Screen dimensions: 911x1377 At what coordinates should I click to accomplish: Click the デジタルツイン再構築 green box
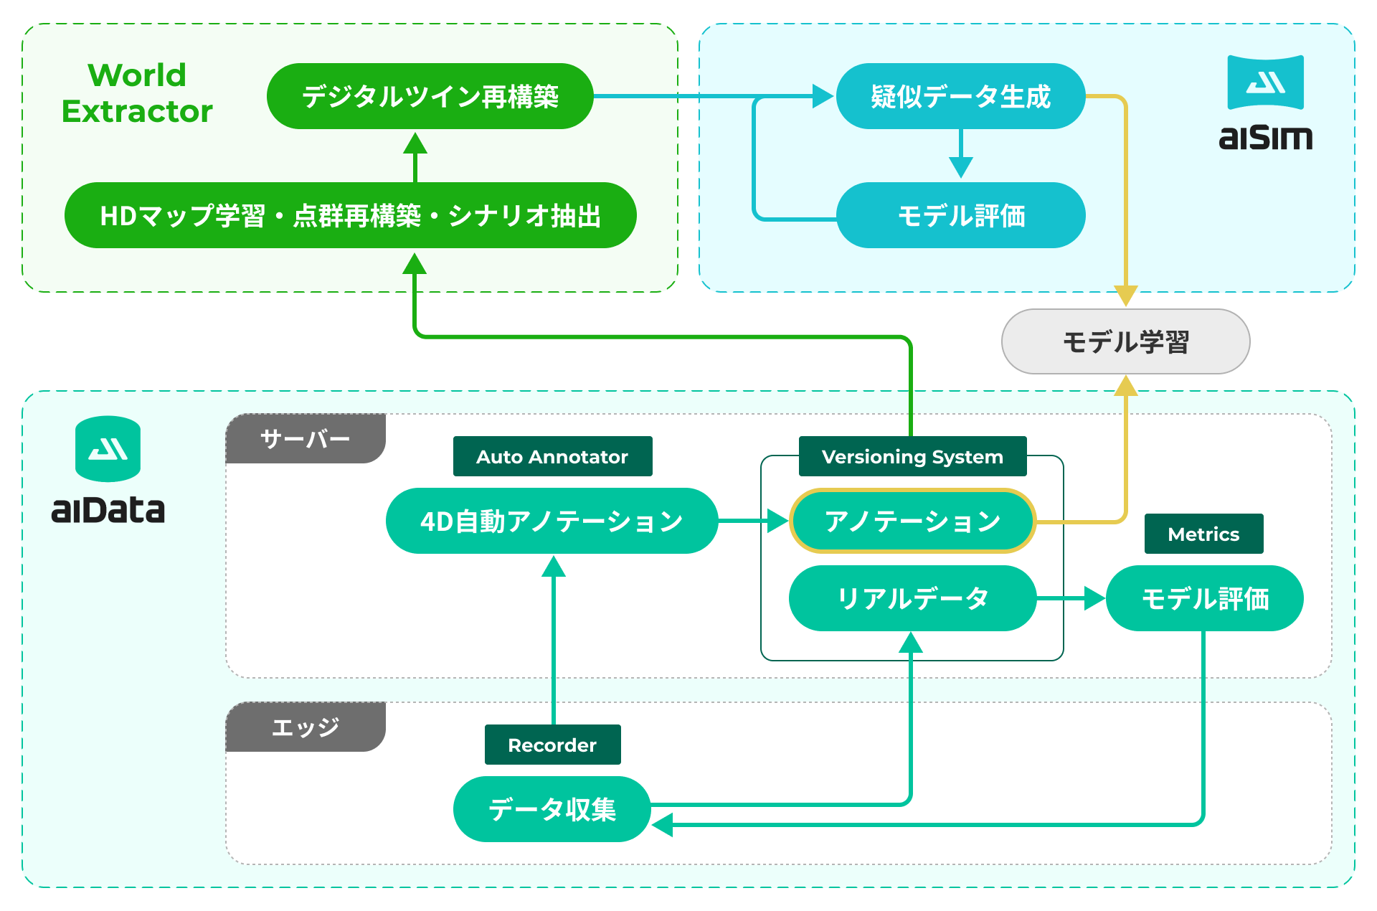pyautogui.click(x=430, y=96)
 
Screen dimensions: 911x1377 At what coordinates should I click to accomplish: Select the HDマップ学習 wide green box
pyautogui.click(x=350, y=215)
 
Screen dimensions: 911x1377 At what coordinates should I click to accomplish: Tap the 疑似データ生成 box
pyautogui.click(x=960, y=96)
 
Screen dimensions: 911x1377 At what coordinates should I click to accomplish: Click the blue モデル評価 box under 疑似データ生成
pyautogui.click(x=960, y=215)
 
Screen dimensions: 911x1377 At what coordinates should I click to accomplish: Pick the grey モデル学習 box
pyautogui.click(x=1125, y=341)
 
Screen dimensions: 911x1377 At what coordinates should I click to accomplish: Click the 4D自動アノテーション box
pyautogui.click(x=552, y=521)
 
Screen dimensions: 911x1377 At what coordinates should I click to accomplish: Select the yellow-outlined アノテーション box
pyautogui.click(x=912, y=521)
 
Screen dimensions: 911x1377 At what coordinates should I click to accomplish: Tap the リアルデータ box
pyautogui.click(x=912, y=598)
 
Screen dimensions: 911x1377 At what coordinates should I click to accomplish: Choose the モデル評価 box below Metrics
pyautogui.click(x=1204, y=598)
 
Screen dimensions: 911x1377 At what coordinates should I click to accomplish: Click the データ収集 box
pyautogui.click(x=552, y=809)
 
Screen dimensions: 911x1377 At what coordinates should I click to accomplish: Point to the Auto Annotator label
pyautogui.click(x=552, y=456)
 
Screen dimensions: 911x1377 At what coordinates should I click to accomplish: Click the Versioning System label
pyautogui.click(x=912, y=456)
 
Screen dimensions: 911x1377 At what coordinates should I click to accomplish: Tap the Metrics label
pyautogui.click(x=1203, y=534)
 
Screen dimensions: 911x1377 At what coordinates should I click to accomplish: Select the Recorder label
pyautogui.click(x=552, y=745)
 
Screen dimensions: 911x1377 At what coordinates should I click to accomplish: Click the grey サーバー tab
pyautogui.click(x=306, y=438)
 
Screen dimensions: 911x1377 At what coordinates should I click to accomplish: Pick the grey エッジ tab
pyautogui.click(x=306, y=727)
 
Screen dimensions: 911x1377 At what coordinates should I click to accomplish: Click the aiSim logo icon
pyautogui.click(x=1265, y=82)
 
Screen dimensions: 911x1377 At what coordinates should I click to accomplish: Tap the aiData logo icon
pyautogui.click(x=108, y=449)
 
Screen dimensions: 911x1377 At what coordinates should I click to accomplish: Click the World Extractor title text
pyautogui.click(x=137, y=93)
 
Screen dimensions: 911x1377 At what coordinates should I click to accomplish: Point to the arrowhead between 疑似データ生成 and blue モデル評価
pyautogui.click(x=960, y=168)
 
